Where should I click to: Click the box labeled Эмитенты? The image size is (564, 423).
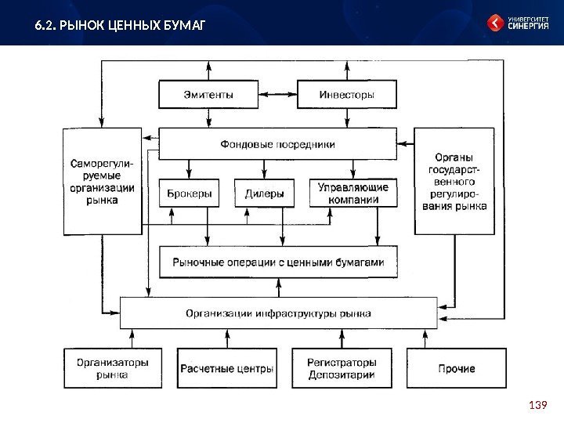(208, 95)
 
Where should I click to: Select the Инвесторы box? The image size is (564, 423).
(346, 95)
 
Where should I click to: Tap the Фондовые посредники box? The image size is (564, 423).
(277, 144)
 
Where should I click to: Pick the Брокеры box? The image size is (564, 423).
(190, 193)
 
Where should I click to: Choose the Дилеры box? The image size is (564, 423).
(264, 193)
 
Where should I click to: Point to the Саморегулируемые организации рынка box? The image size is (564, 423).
(102, 182)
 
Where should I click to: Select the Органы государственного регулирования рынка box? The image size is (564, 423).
(454, 182)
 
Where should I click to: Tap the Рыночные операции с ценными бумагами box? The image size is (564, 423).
(277, 262)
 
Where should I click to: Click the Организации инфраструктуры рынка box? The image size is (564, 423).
(277, 313)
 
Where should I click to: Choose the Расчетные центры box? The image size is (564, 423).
(227, 368)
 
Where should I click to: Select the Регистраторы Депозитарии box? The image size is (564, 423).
(342, 368)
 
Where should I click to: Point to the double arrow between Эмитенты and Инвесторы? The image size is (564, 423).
(277, 95)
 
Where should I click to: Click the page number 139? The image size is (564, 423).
(537, 404)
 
